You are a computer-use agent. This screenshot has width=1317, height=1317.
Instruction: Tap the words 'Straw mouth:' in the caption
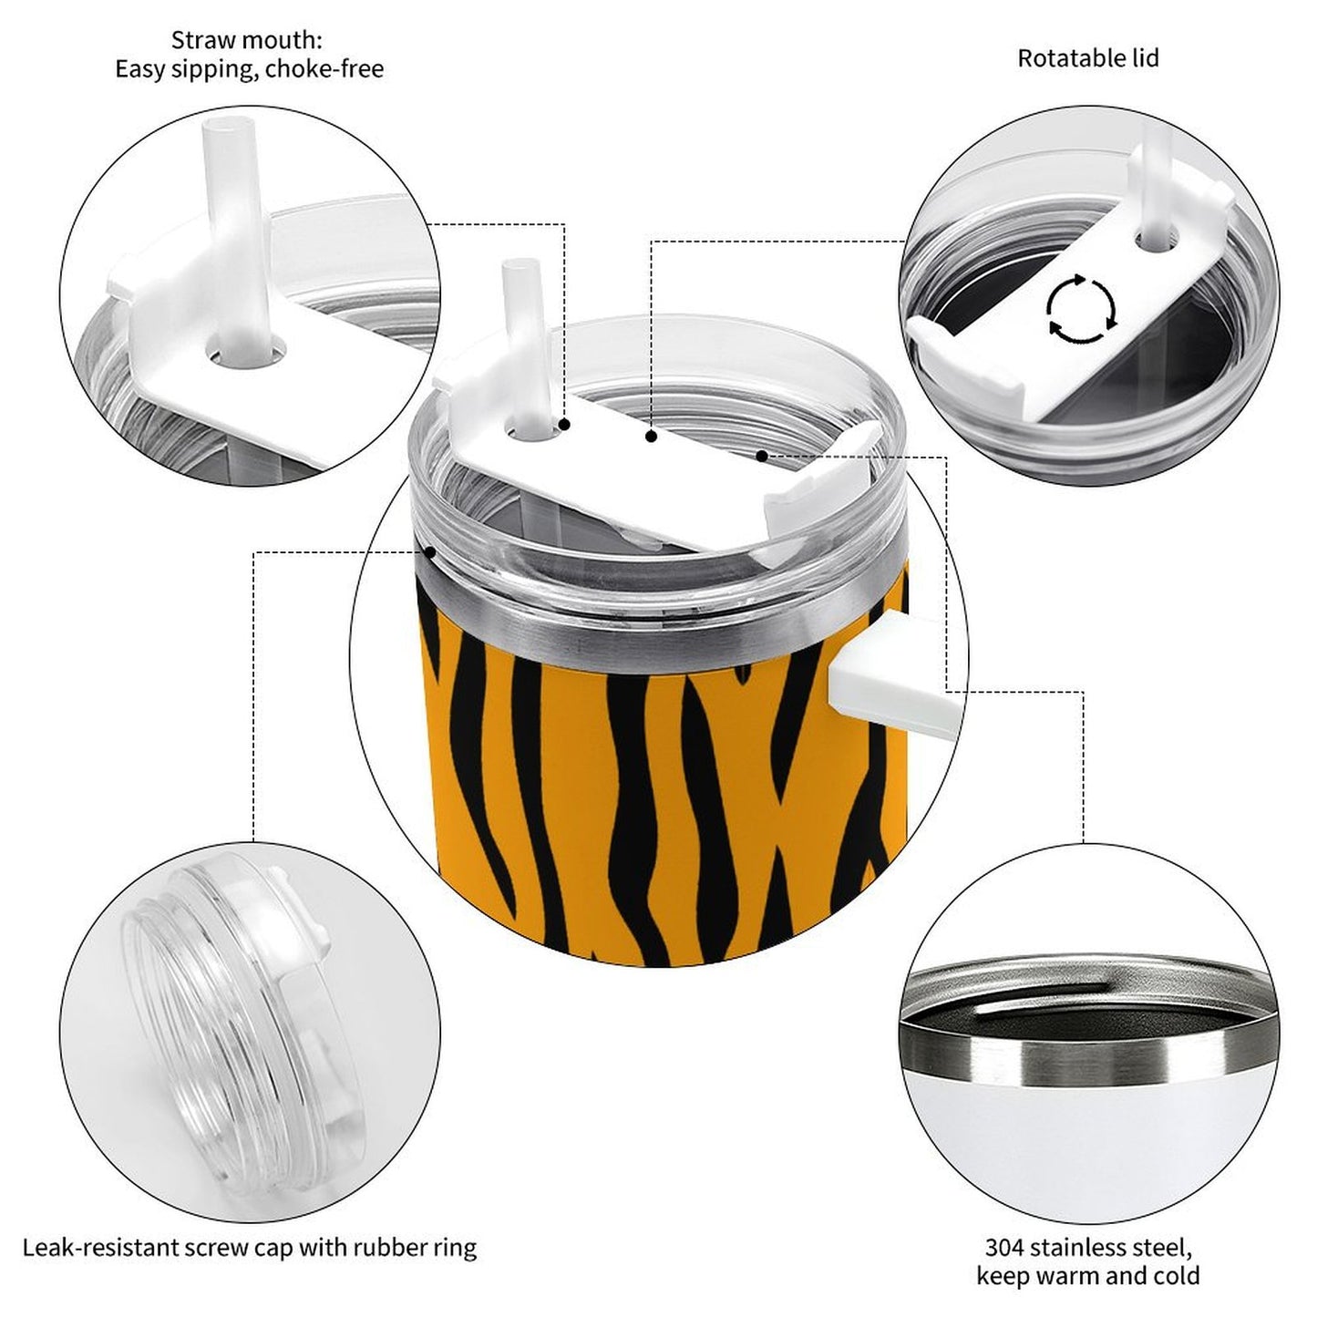[x=246, y=40]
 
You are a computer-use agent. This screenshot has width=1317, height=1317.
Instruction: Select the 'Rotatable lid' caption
[x=1087, y=58]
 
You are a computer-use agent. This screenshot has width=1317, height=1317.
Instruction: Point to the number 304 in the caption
[x=1004, y=1247]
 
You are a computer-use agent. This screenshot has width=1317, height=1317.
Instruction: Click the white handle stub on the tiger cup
[x=889, y=673]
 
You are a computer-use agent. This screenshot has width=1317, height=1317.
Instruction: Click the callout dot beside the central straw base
[x=565, y=425]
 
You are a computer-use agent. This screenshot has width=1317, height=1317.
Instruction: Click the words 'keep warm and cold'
[x=1087, y=1275]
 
